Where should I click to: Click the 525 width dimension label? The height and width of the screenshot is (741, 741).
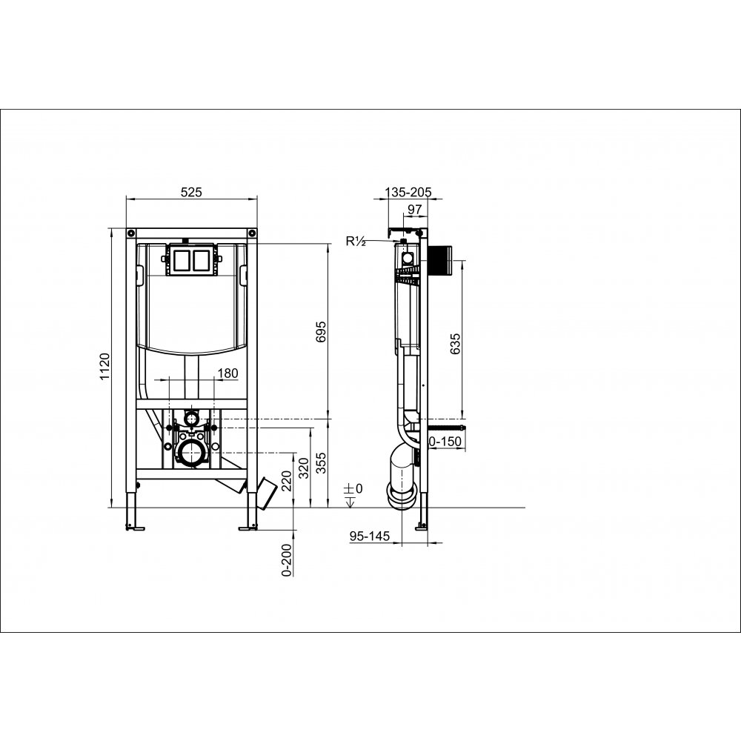[191, 192]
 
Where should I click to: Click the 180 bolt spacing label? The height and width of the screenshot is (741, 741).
[228, 373]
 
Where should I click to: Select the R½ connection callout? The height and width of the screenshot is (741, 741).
[355, 240]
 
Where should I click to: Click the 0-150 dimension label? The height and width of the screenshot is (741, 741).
[446, 442]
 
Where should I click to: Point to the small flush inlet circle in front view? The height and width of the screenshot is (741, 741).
[192, 419]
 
